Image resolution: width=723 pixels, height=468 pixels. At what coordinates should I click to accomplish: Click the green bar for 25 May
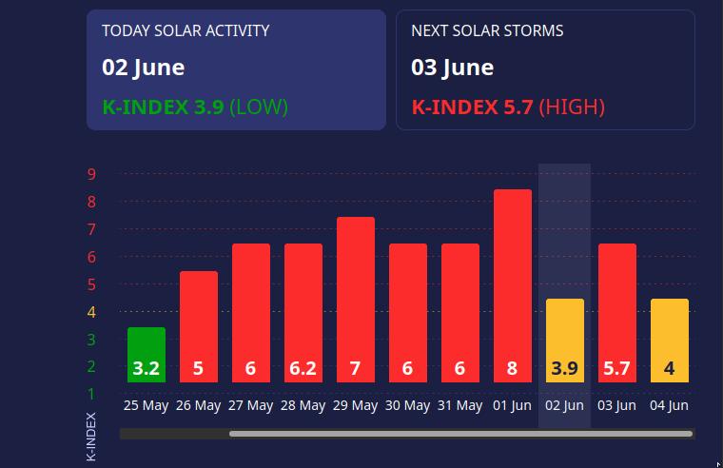147,354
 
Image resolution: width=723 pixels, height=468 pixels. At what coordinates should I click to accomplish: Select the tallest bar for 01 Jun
513,285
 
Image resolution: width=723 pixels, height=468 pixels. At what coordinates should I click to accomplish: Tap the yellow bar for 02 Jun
565,340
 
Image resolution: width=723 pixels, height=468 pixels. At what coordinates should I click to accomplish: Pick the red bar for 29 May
356,299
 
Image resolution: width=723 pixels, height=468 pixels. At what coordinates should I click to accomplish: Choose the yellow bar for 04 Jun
670,340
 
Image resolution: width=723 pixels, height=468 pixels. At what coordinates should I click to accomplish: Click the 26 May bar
199,326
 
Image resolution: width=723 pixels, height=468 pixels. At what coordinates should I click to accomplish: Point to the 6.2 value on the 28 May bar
303,368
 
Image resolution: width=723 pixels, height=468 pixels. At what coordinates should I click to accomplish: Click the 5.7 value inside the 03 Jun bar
616,368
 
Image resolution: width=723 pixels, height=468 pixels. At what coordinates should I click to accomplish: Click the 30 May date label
407,405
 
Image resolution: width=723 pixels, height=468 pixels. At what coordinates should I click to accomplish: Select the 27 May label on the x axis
250,405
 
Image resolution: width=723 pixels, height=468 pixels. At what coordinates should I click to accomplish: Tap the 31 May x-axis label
459,405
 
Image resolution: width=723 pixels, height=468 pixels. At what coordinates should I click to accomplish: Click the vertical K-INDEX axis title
91,437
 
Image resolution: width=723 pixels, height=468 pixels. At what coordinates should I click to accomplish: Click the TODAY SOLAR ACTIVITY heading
199,30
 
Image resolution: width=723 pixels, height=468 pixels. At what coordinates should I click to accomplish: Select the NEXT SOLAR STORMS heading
487,30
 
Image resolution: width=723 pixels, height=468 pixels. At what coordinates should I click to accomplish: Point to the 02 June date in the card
144,68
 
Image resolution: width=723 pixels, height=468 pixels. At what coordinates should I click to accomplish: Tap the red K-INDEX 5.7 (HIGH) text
508,107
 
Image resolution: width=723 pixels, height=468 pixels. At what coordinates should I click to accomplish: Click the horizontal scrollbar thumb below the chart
460,434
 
